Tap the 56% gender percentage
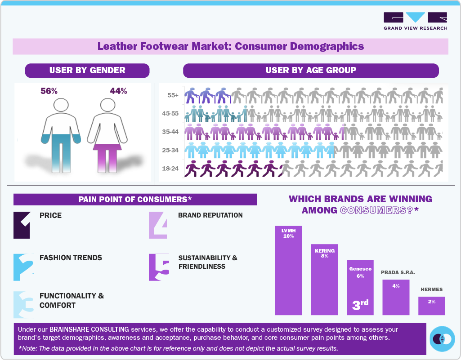coord(49,91)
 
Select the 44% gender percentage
coord(118,91)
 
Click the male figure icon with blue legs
coord(63,135)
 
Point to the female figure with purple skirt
coord(107,135)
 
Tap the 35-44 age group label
coord(170,132)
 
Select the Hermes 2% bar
coord(431,306)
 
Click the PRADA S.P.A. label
coord(398,272)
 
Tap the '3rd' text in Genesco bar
coord(360,305)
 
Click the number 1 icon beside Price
coord(22,225)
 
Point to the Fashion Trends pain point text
coord(71,258)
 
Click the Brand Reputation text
coord(210,215)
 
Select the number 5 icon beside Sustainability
coord(159,267)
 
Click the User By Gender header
coord(87,71)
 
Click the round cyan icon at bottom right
coord(442,338)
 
